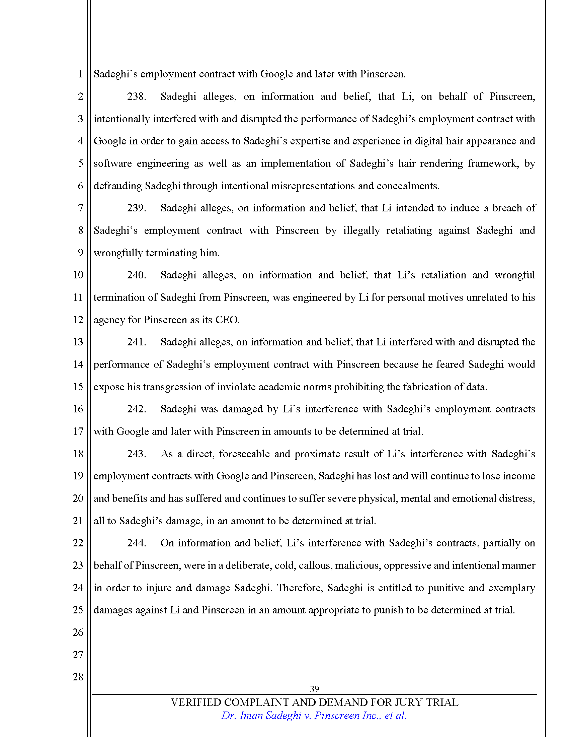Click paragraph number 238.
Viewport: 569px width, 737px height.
(x=136, y=96)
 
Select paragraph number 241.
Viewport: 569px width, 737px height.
(x=136, y=342)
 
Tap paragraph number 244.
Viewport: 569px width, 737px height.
(x=136, y=543)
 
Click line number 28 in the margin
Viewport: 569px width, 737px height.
(x=78, y=677)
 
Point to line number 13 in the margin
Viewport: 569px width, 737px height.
(x=78, y=342)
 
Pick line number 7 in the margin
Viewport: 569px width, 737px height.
(x=80, y=208)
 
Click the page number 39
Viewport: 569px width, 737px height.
(x=314, y=688)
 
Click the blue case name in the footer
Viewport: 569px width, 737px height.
(x=314, y=716)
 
